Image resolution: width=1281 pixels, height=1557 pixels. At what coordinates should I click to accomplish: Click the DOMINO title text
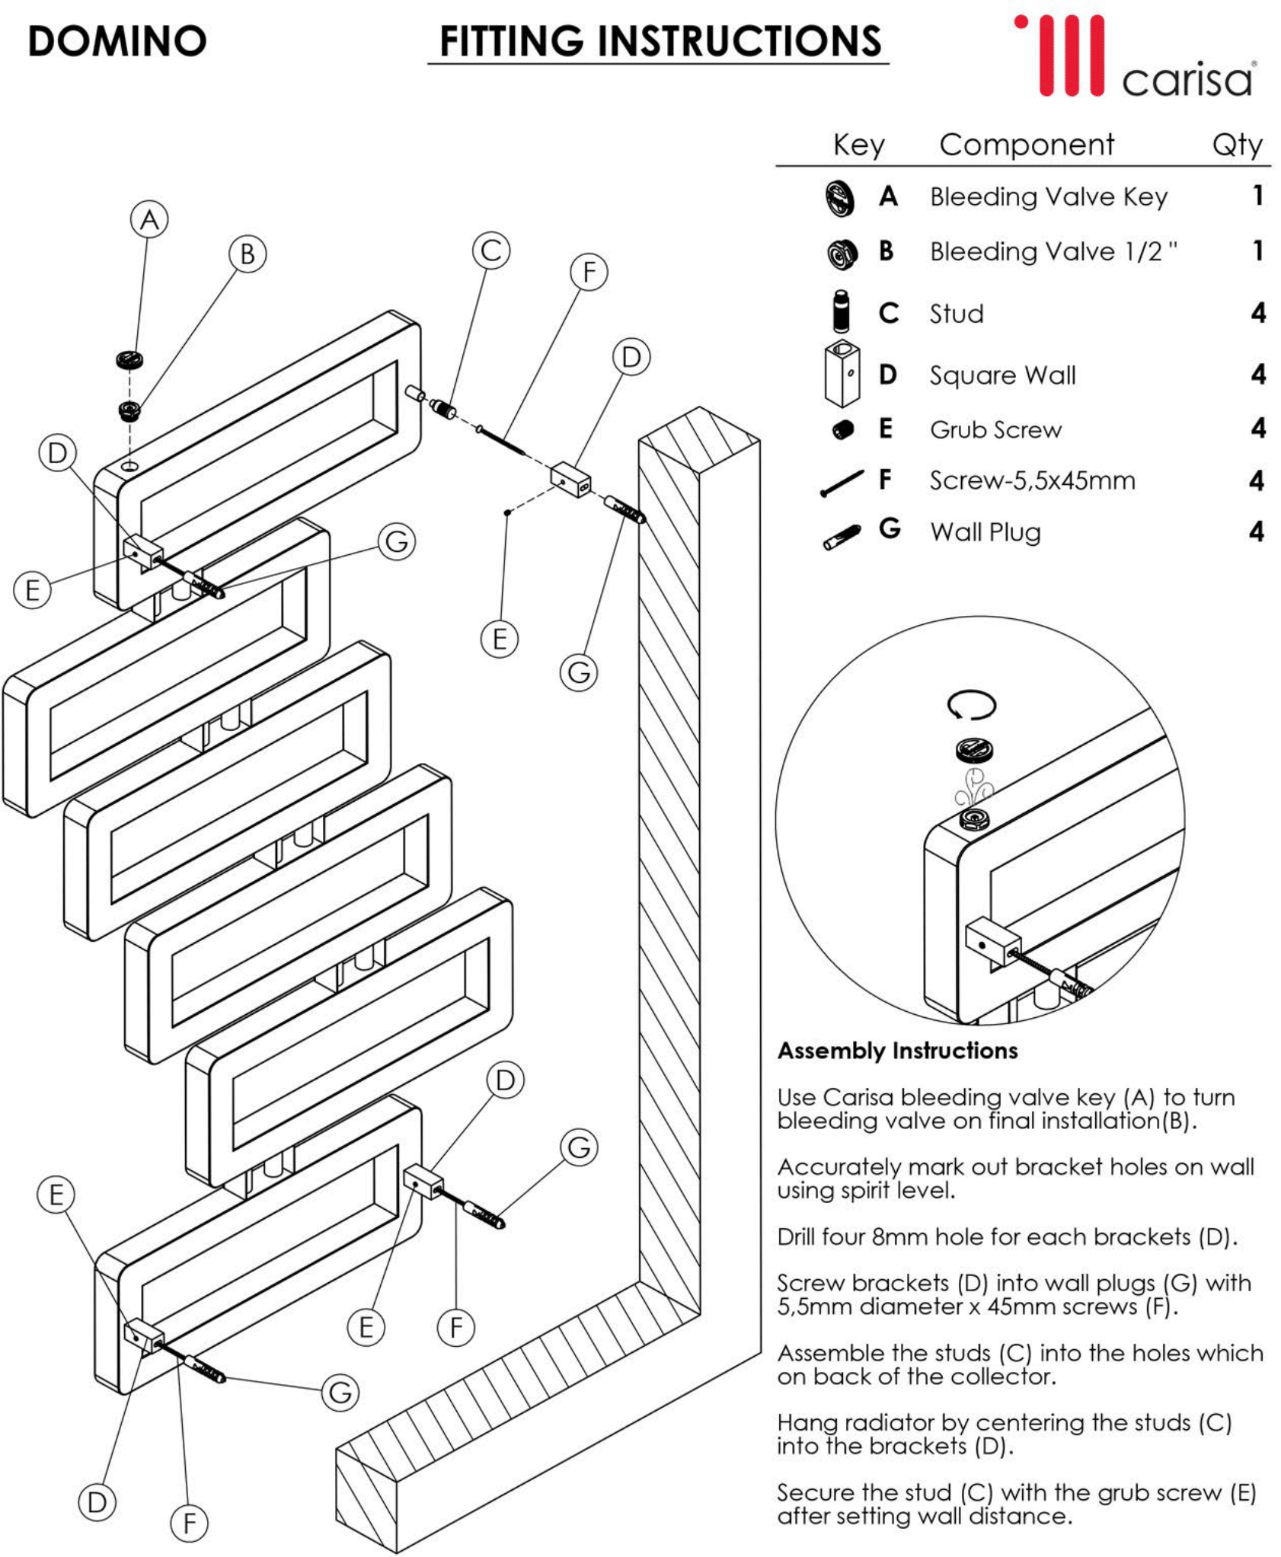(x=117, y=41)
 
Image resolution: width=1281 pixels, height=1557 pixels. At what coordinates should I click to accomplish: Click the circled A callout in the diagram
(x=149, y=220)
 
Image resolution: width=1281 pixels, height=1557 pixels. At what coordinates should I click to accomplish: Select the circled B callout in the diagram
(x=248, y=254)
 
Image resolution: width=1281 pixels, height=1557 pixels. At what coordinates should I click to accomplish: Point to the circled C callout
(x=491, y=250)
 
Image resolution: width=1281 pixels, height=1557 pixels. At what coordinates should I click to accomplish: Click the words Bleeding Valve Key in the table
(x=1048, y=197)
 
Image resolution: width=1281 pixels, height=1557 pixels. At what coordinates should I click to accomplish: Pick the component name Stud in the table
(x=957, y=314)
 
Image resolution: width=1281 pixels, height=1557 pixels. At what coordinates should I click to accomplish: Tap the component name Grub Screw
(x=995, y=430)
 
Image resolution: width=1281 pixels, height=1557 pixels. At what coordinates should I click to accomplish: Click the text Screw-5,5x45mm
(x=1032, y=481)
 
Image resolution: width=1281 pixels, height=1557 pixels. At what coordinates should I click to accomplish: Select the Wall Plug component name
(x=986, y=532)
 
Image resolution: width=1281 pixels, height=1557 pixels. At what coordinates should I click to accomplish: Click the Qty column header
(x=1236, y=145)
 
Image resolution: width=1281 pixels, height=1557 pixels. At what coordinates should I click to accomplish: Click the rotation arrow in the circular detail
(x=972, y=704)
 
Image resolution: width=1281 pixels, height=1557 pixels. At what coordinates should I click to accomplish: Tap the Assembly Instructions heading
(x=897, y=1051)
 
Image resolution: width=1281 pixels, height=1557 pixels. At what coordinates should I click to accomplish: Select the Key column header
(x=858, y=145)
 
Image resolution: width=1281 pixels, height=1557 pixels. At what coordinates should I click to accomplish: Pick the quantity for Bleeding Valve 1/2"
(x=1257, y=251)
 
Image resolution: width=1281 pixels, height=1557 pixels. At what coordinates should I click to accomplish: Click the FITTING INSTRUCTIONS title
(x=660, y=41)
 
